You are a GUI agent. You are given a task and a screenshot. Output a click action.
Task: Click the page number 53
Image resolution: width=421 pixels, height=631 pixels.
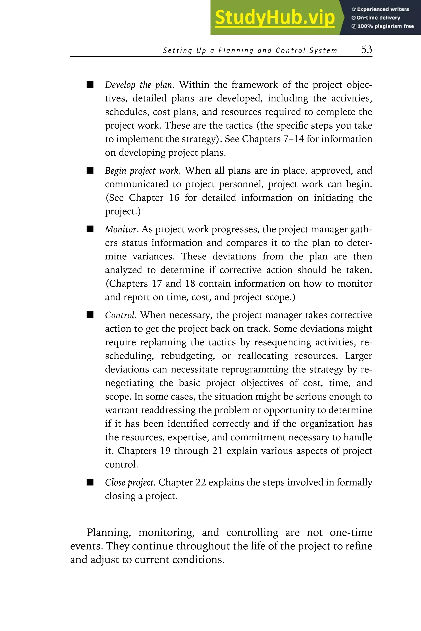367,50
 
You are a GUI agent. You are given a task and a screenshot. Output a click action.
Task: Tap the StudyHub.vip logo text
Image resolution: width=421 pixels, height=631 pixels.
275,18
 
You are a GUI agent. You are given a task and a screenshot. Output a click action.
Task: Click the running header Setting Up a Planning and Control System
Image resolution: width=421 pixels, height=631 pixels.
250,51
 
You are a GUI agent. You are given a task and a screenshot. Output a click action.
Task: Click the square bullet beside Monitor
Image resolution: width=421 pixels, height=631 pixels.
90,229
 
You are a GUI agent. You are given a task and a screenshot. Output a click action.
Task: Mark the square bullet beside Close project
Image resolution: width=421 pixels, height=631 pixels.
90,482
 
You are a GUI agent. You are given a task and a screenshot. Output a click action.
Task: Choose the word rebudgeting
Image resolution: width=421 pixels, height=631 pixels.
188,356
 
